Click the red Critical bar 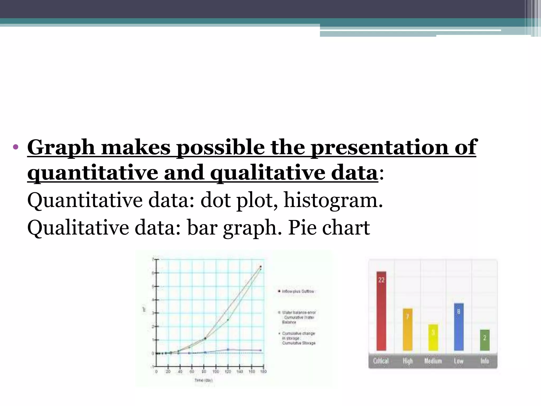381,312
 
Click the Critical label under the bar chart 381,361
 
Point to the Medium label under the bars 433,361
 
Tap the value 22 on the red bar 381,280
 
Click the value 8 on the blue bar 459,312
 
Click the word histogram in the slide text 333,200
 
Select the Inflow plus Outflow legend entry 297,291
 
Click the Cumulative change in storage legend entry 298,338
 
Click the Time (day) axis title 203,380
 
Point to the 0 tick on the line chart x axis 156,372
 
